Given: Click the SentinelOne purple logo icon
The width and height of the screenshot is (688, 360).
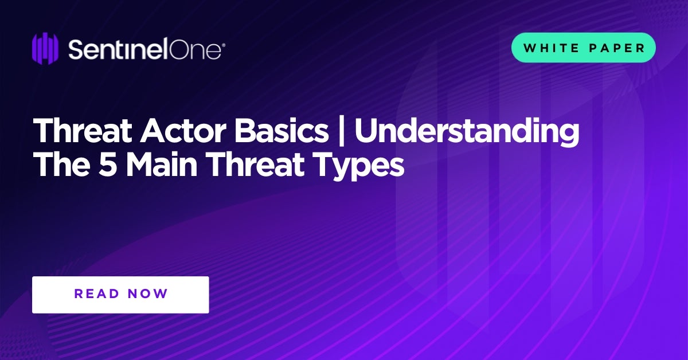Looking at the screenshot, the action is [45, 48].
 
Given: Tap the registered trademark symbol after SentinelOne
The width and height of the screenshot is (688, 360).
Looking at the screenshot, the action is [223, 45].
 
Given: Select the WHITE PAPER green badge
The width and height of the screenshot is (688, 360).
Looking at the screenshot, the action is [583, 48].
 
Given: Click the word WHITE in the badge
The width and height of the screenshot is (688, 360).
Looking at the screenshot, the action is [552, 48].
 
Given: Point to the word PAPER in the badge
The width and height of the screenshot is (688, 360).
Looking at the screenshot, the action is [616, 48].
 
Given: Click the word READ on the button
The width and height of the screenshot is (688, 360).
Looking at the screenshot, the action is [96, 294].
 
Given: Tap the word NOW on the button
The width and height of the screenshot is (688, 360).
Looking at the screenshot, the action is [148, 294].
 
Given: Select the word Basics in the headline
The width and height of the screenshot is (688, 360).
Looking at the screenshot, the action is [281, 131].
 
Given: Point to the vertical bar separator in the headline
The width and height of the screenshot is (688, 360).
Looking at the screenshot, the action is [341, 131].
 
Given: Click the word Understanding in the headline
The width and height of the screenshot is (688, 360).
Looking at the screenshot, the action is [467, 131].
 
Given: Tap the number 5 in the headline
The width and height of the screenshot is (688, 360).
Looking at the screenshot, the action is [108, 165].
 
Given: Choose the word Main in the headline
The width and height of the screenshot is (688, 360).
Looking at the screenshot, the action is [161, 165].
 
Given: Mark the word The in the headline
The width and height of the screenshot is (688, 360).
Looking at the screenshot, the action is [62, 165].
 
